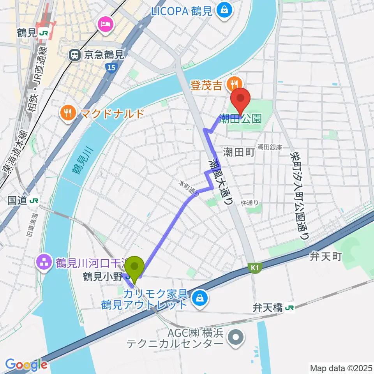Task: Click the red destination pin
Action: [241, 100]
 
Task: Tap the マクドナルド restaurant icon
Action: [69, 114]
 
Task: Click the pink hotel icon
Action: [106, 24]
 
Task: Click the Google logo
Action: [26, 365]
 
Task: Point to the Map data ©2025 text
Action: [341, 367]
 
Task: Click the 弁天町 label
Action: [326, 256]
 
